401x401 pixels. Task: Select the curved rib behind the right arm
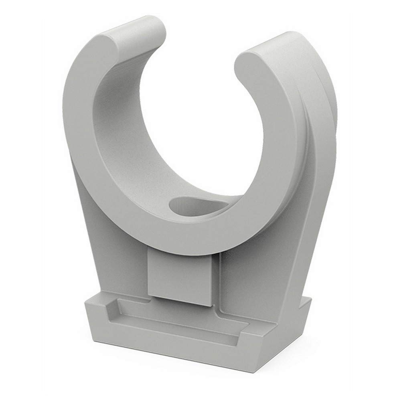[x=317, y=132]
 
